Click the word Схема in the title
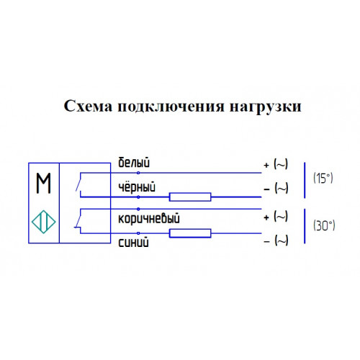click(x=88, y=107)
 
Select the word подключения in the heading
click(x=171, y=107)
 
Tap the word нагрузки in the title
click(x=266, y=107)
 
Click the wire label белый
click(x=134, y=163)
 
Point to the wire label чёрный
click(x=137, y=187)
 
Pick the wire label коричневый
click(x=149, y=218)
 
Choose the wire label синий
click(x=133, y=242)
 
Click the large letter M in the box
click(x=43, y=183)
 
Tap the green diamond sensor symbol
click(x=44, y=222)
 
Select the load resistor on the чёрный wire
click(x=190, y=197)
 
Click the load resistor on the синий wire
click(x=190, y=233)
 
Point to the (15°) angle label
click(x=323, y=179)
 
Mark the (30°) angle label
click(x=324, y=225)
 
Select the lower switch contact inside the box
click(x=78, y=221)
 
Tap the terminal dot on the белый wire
click(x=138, y=173)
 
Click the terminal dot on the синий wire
click(x=138, y=233)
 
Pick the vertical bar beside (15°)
click(x=305, y=180)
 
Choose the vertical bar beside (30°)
click(x=305, y=226)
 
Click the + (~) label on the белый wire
click(x=276, y=164)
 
